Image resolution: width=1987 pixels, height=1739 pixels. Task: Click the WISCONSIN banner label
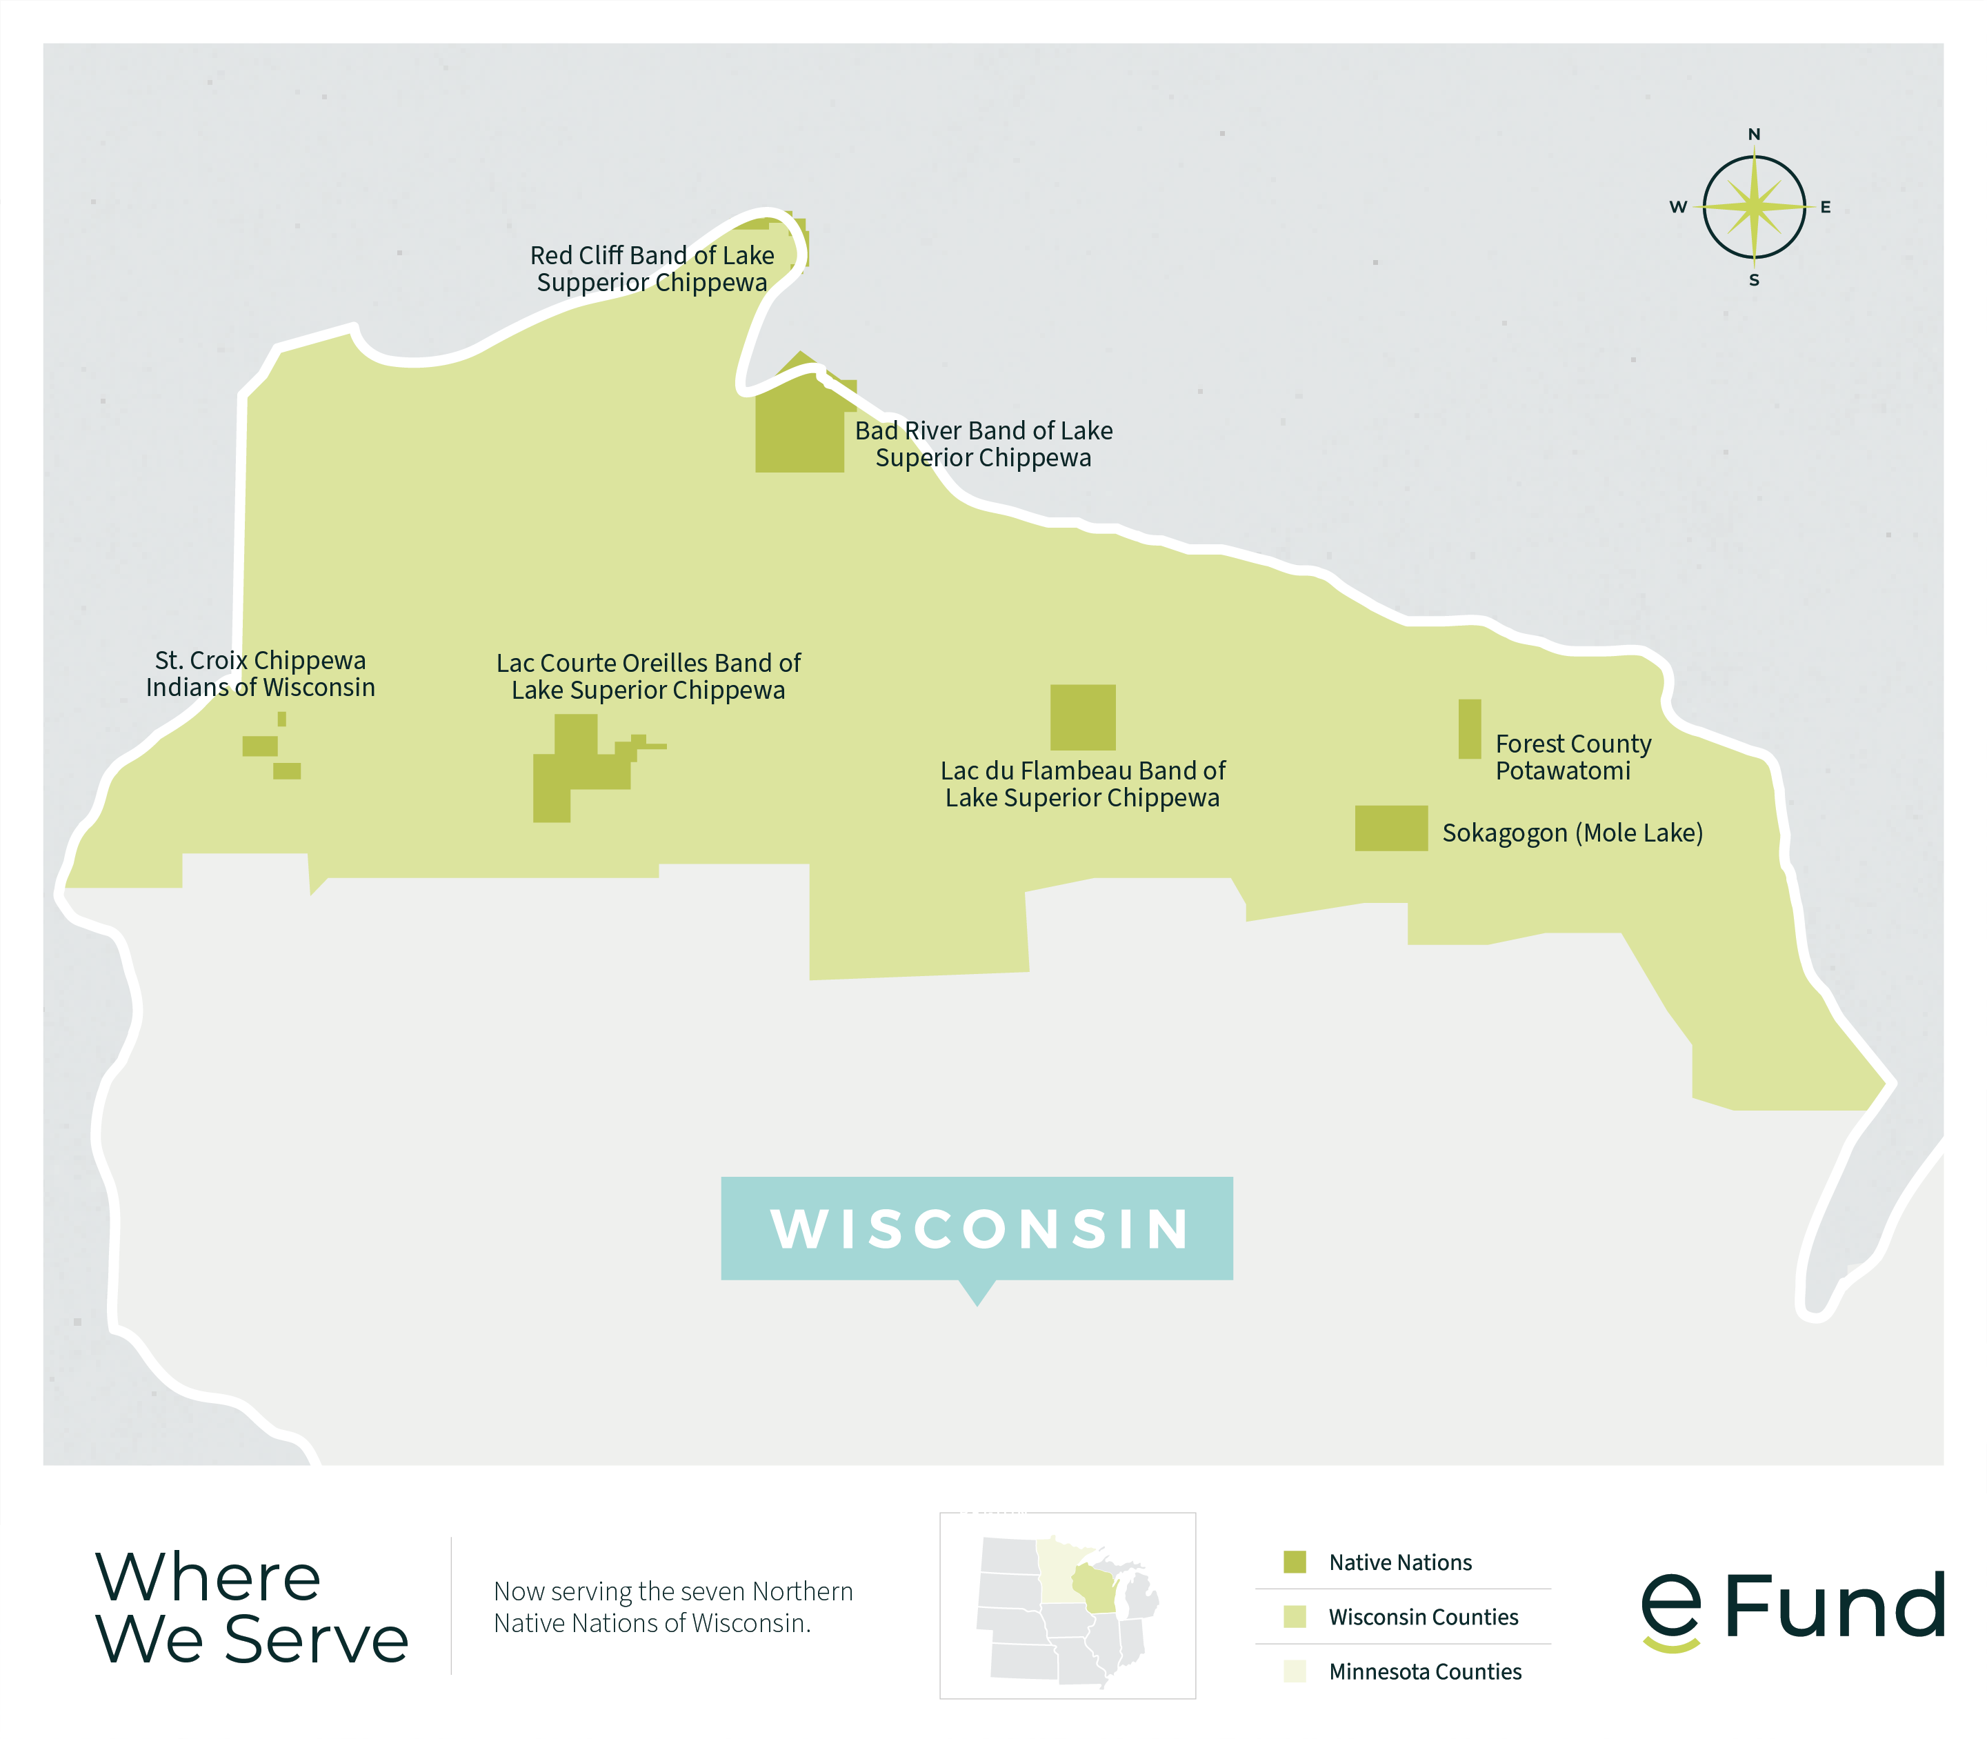[x=977, y=1229]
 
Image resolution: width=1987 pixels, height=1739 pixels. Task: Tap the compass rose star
[x=1753, y=207]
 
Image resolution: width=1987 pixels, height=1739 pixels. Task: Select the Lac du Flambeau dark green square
[x=1083, y=717]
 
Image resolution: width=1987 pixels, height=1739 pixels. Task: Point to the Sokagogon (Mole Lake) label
[x=1572, y=833]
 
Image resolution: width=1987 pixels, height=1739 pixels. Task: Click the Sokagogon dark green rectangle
[x=1390, y=828]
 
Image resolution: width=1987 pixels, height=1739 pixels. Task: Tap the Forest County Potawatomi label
[x=1572, y=757]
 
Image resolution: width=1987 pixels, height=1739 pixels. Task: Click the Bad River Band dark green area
[x=799, y=427]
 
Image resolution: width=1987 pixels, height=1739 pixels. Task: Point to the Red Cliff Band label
[x=652, y=269]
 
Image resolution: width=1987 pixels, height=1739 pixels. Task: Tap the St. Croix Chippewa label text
[x=260, y=673]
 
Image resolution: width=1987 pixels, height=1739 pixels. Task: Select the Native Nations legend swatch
[x=1295, y=1562]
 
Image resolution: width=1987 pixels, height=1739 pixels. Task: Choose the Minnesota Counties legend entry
[x=1424, y=1671]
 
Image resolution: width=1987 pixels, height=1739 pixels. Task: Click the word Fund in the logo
[x=1834, y=1606]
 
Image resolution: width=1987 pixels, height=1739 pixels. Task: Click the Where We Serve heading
[x=251, y=1607]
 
